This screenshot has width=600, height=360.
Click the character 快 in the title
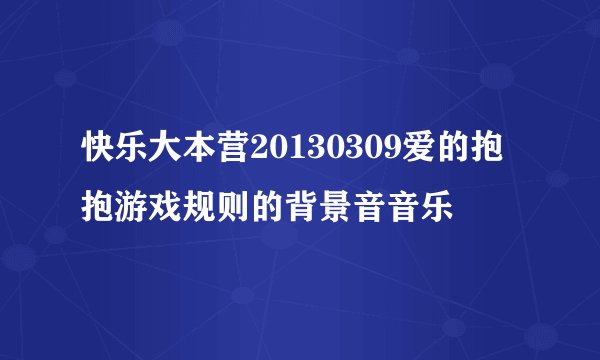click(x=101, y=153)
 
